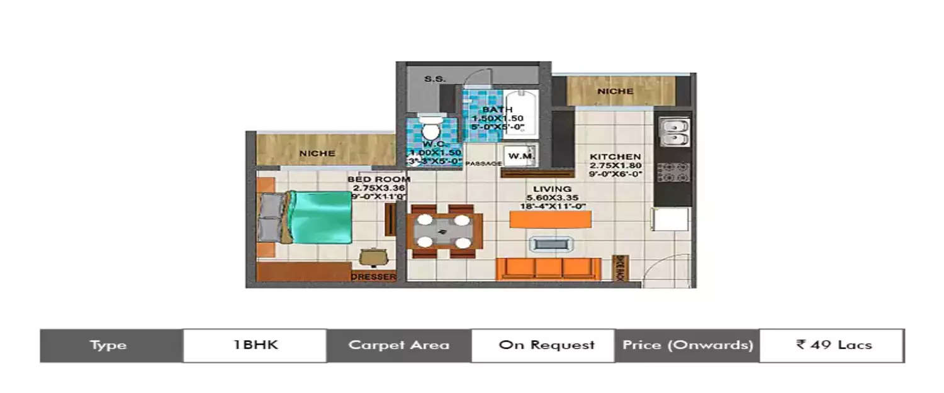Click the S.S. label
pyautogui.click(x=435, y=79)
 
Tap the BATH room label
pyautogui.click(x=497, y=110)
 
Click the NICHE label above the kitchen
pyautogui.click(x=615, y=91)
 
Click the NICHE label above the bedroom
pyautogui.click(x=317, y=153)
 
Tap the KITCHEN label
pyautogui.click(x=615, y=157)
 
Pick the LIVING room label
pyautogui.click(x=552, y=189)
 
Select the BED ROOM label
pyautogui.click(x=379, y=179)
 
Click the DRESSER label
pyautogui.click(x=373, y=277)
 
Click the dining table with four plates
pyautogui.click(x=444, y=231)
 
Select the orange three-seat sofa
pyautogui.click(x=548, y=268)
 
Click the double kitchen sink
pyautogui.click(x=673, y=133)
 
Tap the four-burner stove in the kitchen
pyautogui.click(x=673, y=172)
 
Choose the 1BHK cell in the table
pyautogui.click(x=255, y=345)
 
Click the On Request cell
pyautogui.click(x=542, y=345)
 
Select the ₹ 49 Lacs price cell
pyautogui.click(x=831, y=345)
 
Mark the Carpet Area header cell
pyautogui.click(x=399, y=345)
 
